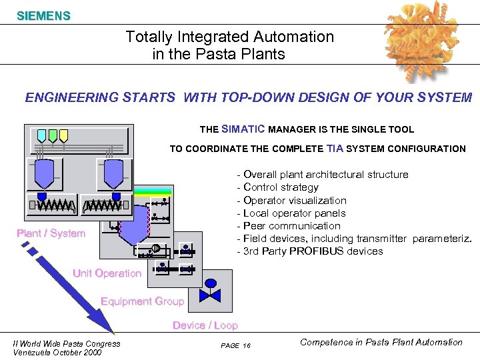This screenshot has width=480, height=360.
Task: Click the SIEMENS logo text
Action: click(x=43, y=15)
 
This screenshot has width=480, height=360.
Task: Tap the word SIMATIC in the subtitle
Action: click(x=243, y=129)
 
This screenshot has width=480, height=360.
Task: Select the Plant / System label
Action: click(x=51, y=233)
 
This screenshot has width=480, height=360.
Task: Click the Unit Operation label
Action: click(x=107, y=273)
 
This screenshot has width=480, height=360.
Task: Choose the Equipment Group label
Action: click(x=142, y=301)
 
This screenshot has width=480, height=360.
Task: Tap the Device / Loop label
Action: click(x=205, y=325)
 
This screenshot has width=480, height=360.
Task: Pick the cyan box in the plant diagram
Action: click(x=41, y=136)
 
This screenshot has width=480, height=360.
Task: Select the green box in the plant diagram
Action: click(x=53, y=136)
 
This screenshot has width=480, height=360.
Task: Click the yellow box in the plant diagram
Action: click(x=63, y=136)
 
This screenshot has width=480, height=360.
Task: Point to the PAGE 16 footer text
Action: click(x=235, y=345)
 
